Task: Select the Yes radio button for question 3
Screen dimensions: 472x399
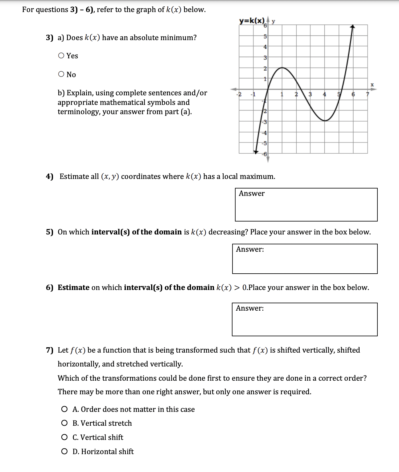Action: pyautogui.click(x=61, y=56)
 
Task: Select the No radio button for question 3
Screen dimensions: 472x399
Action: pyautogui.click(x=61, y=74)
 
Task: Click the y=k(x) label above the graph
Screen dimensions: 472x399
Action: pyautogui.click(x=252, y=21)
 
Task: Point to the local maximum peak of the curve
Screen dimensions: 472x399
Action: pyautogui.click(x=282, y=68)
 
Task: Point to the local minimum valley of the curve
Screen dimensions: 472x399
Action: pyautogui.click(x=325, y=120)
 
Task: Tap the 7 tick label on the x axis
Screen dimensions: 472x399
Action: pyautogui.click(x=367, y=94)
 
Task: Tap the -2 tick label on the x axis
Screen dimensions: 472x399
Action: pyautogui.click(x=239, y=94)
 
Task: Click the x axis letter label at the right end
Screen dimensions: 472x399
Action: pyautogui.click(x=372, y=84)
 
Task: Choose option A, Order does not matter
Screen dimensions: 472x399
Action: pyautogui.click(x=64, y=409)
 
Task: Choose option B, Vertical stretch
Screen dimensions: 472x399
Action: pyautogui.click(x=64, y=423)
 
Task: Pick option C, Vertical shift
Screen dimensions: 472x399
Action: pyautogui.click(x=64, y=437)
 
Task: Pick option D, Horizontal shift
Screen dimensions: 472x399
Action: pyautogui.click(x=64, y=452)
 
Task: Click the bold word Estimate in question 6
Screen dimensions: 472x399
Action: pyautogui.click(x=73, y=288)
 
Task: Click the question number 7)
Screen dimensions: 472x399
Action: pyautogui.click(x=50, y=350)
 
